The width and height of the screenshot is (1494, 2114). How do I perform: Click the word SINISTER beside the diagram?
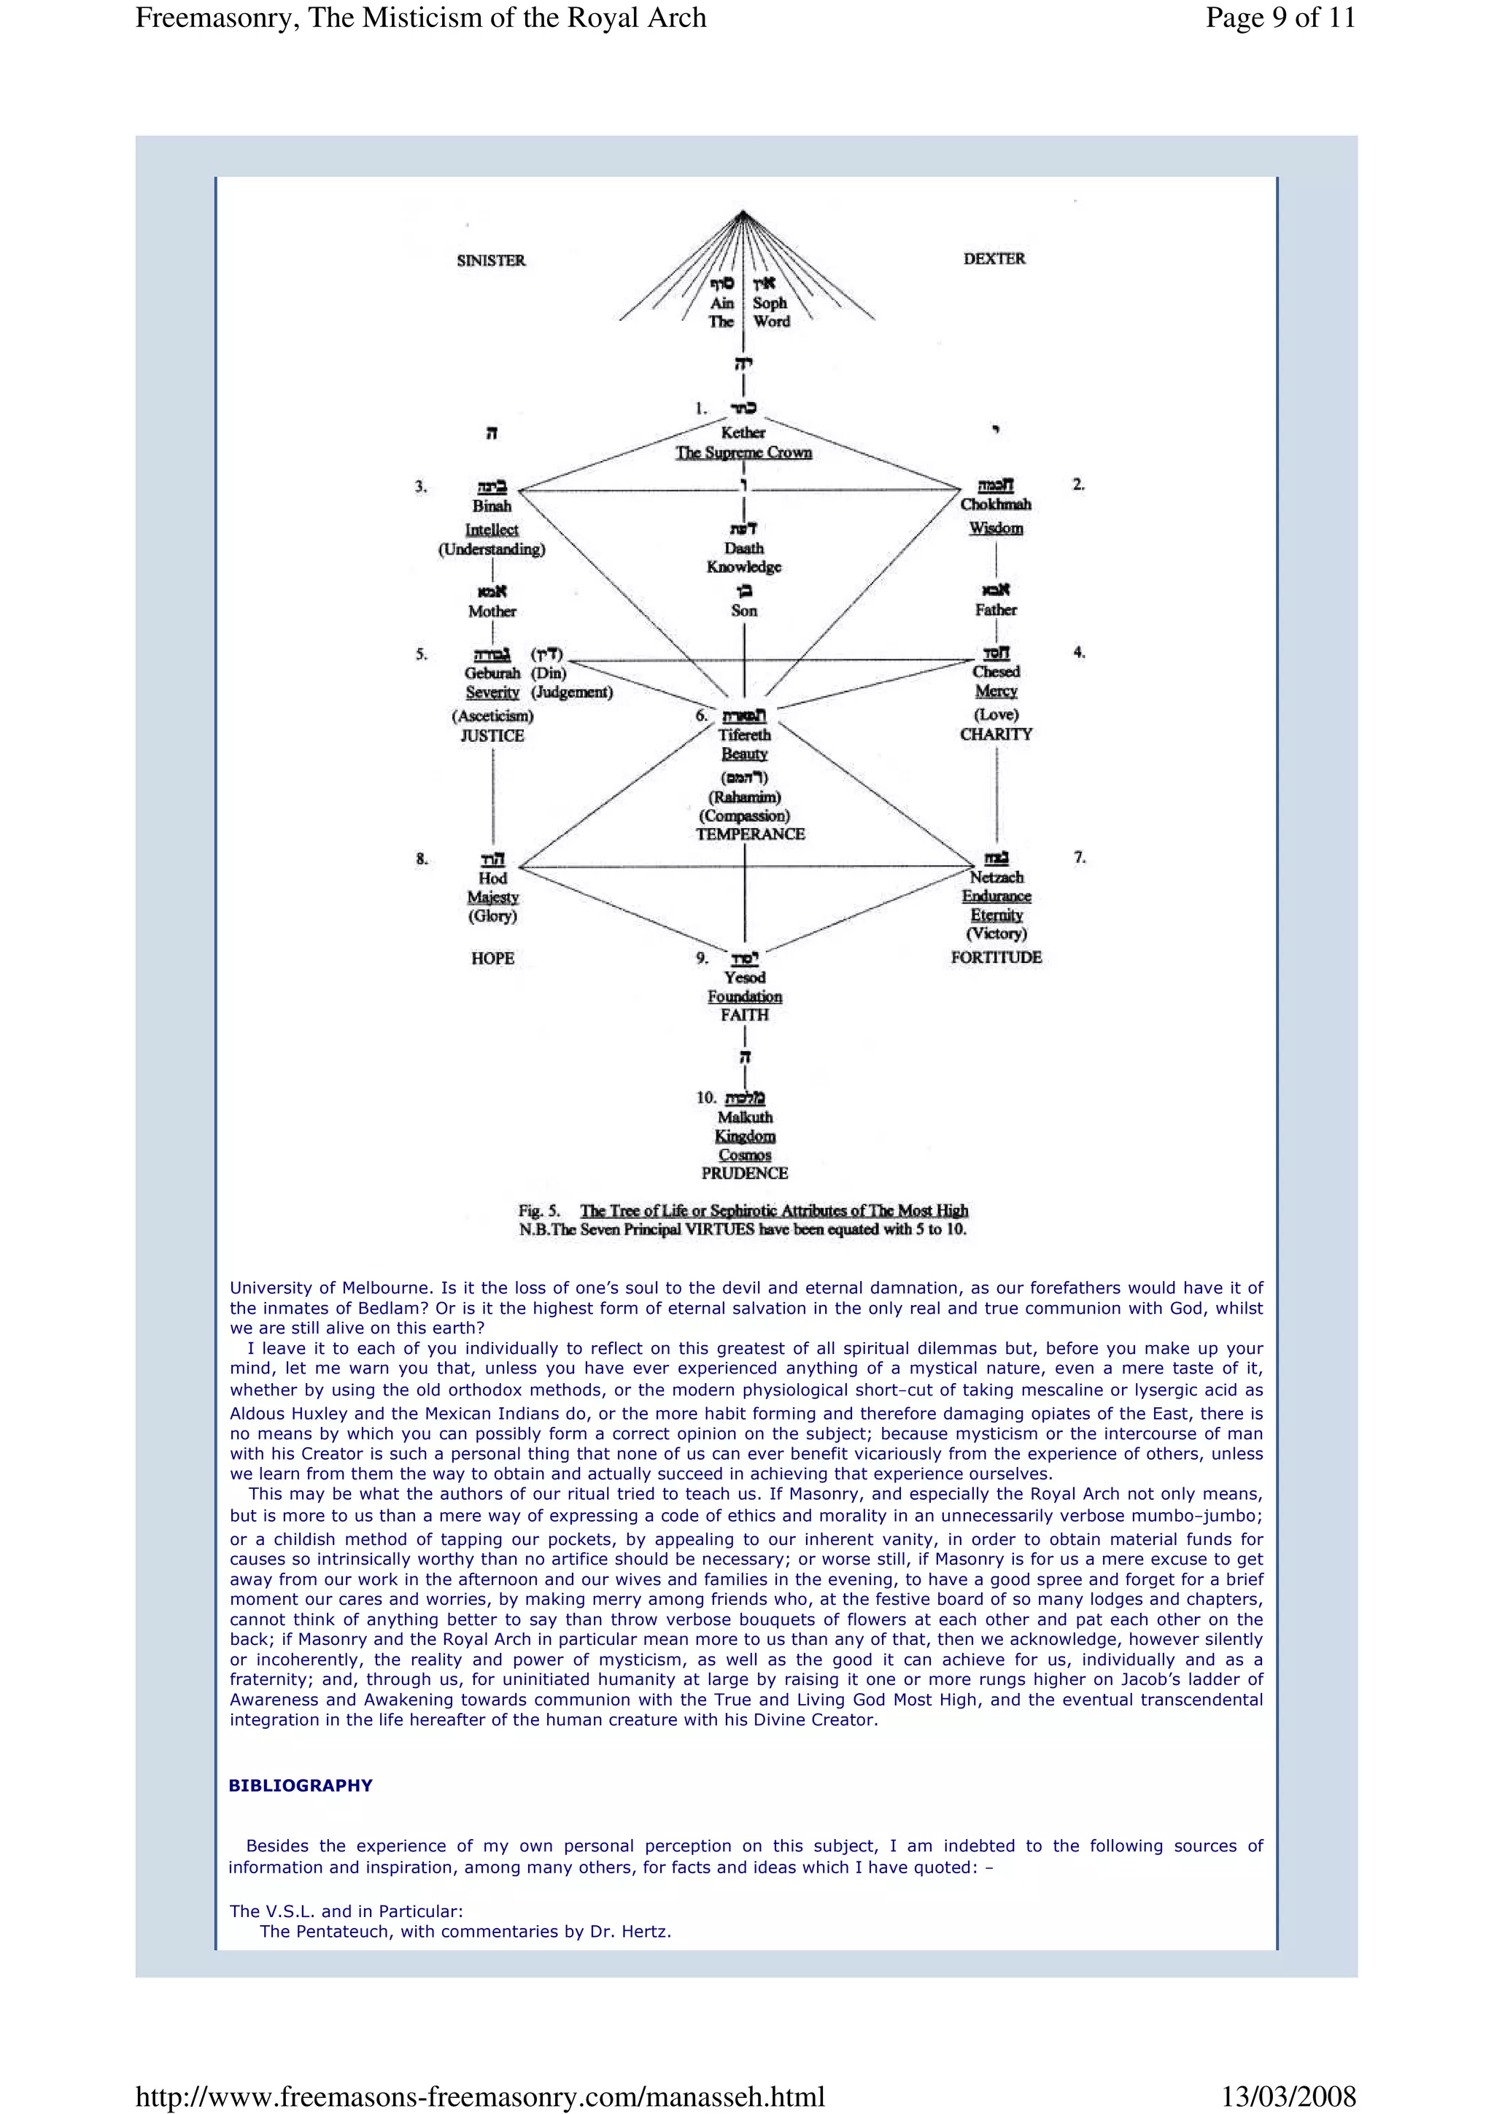(x=491, y=260)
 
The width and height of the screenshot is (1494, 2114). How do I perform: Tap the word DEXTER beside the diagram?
(x=994, y=259)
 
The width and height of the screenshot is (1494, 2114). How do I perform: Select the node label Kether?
(x=743, y=432)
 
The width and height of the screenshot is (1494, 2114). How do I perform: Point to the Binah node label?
(x=492, y=506)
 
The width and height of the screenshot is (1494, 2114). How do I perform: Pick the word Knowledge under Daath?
(x=744, y=568)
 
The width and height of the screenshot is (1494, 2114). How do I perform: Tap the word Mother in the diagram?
(x=492, y=611)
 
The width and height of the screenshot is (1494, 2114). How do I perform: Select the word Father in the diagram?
(x=996, y=610)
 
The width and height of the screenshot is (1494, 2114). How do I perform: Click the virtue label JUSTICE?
(x=492, y=735)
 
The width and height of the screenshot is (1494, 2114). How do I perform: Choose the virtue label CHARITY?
(x=996, y=734)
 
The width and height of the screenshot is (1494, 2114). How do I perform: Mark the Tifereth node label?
(x=745, y=735)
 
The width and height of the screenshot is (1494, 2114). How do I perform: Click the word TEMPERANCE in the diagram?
(x=750, y=835)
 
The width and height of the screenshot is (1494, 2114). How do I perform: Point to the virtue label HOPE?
(x=492, y=959)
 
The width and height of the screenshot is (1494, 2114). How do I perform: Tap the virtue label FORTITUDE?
(x=996, y=958)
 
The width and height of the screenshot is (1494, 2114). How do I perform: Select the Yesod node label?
(x=745, y=977)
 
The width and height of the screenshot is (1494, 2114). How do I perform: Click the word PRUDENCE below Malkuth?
(x=745, y=1174)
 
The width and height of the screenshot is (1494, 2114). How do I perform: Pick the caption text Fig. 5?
(x=539, y=1211)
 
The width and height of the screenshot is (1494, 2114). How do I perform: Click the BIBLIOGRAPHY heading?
(x=300, y=1785)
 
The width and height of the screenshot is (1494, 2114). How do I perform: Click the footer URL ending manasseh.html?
(x=479, y=2096)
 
